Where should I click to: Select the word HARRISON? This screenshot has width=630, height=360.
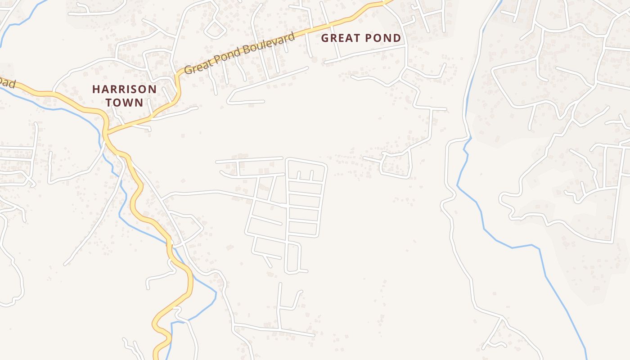coord(125,89)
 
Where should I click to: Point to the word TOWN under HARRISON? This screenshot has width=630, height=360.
coord(125,103)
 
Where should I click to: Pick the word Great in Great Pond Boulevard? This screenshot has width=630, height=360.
coord(198,67)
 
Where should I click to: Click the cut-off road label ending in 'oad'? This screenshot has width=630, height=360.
coord(7,82)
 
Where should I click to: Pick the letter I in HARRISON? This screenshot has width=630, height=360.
coord(128,89)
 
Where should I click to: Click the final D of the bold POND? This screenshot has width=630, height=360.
coord(397,38)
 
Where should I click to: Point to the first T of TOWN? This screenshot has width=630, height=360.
coord(109,103)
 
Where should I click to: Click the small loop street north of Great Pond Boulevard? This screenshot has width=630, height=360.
coord(215,29)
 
